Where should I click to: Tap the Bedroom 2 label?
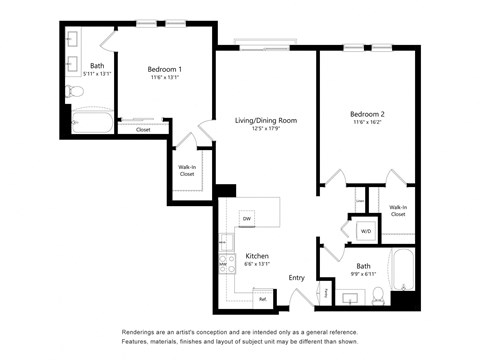367,115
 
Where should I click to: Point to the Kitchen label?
257,255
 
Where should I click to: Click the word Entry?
297,277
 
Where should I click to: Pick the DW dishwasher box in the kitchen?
246,218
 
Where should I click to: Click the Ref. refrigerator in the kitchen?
262,298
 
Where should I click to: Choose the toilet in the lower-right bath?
378,295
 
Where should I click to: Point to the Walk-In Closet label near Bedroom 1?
187,170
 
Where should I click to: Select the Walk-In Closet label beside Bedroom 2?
397,210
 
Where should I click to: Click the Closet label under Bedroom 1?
143,129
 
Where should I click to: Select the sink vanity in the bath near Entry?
350,298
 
